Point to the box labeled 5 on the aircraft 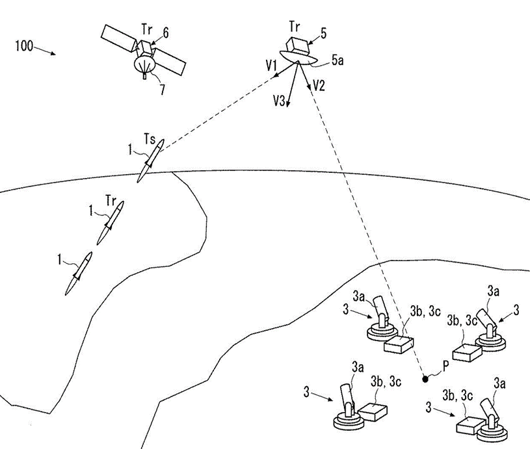tap(300, 45)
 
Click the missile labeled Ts tap(151, 160)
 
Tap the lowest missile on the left tap(79, 273)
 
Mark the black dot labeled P tap(425, 377)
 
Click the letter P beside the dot tap(445, 367)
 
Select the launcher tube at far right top tap(487, 320)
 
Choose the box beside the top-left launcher tap(399, 344)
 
